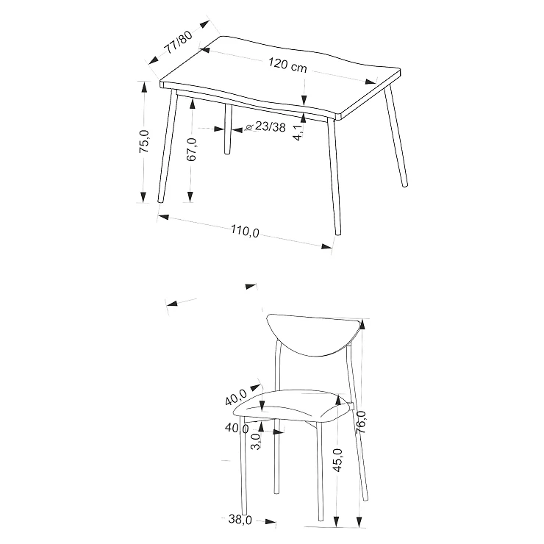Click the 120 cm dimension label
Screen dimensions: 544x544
pyautogui.click(x=287, y=65)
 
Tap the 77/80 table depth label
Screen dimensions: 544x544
pyautogui.click(x=179, y=43)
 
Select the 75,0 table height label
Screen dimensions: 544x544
pyautogui.click(x=144, y=141)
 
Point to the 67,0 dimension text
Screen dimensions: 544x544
pyautogui.click(x=191, y=149)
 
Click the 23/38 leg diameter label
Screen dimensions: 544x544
pyautogui.click(x=271, y=126)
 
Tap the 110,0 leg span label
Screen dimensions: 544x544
pyautogui.click(x=246, y=231)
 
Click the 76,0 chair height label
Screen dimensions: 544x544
pyautogui.click(x=361, y=422)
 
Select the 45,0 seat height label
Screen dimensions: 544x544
pyautogui.click(x=337, y=460)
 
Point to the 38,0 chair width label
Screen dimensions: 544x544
pyautogui.click(x=240, y=519)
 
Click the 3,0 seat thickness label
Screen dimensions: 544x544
pyautogui.click(x=255, y=442)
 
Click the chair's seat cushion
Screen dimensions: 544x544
pyautogui.click(x=290, y=405)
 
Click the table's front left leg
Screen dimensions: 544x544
pyautogui.click(x=168, y=146)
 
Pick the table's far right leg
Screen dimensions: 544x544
pyautogui.click(x=396, y=135)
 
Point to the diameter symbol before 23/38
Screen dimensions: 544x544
pyautogui.click(x=248, y=127)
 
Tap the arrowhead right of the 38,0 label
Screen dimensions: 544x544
pyautogui.click(x=271, y=521)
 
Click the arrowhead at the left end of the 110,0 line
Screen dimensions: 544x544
pyautogui.click(x=162, y=217)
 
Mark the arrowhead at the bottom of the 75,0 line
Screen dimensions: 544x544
pyautogui.click(x=143, y=198)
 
